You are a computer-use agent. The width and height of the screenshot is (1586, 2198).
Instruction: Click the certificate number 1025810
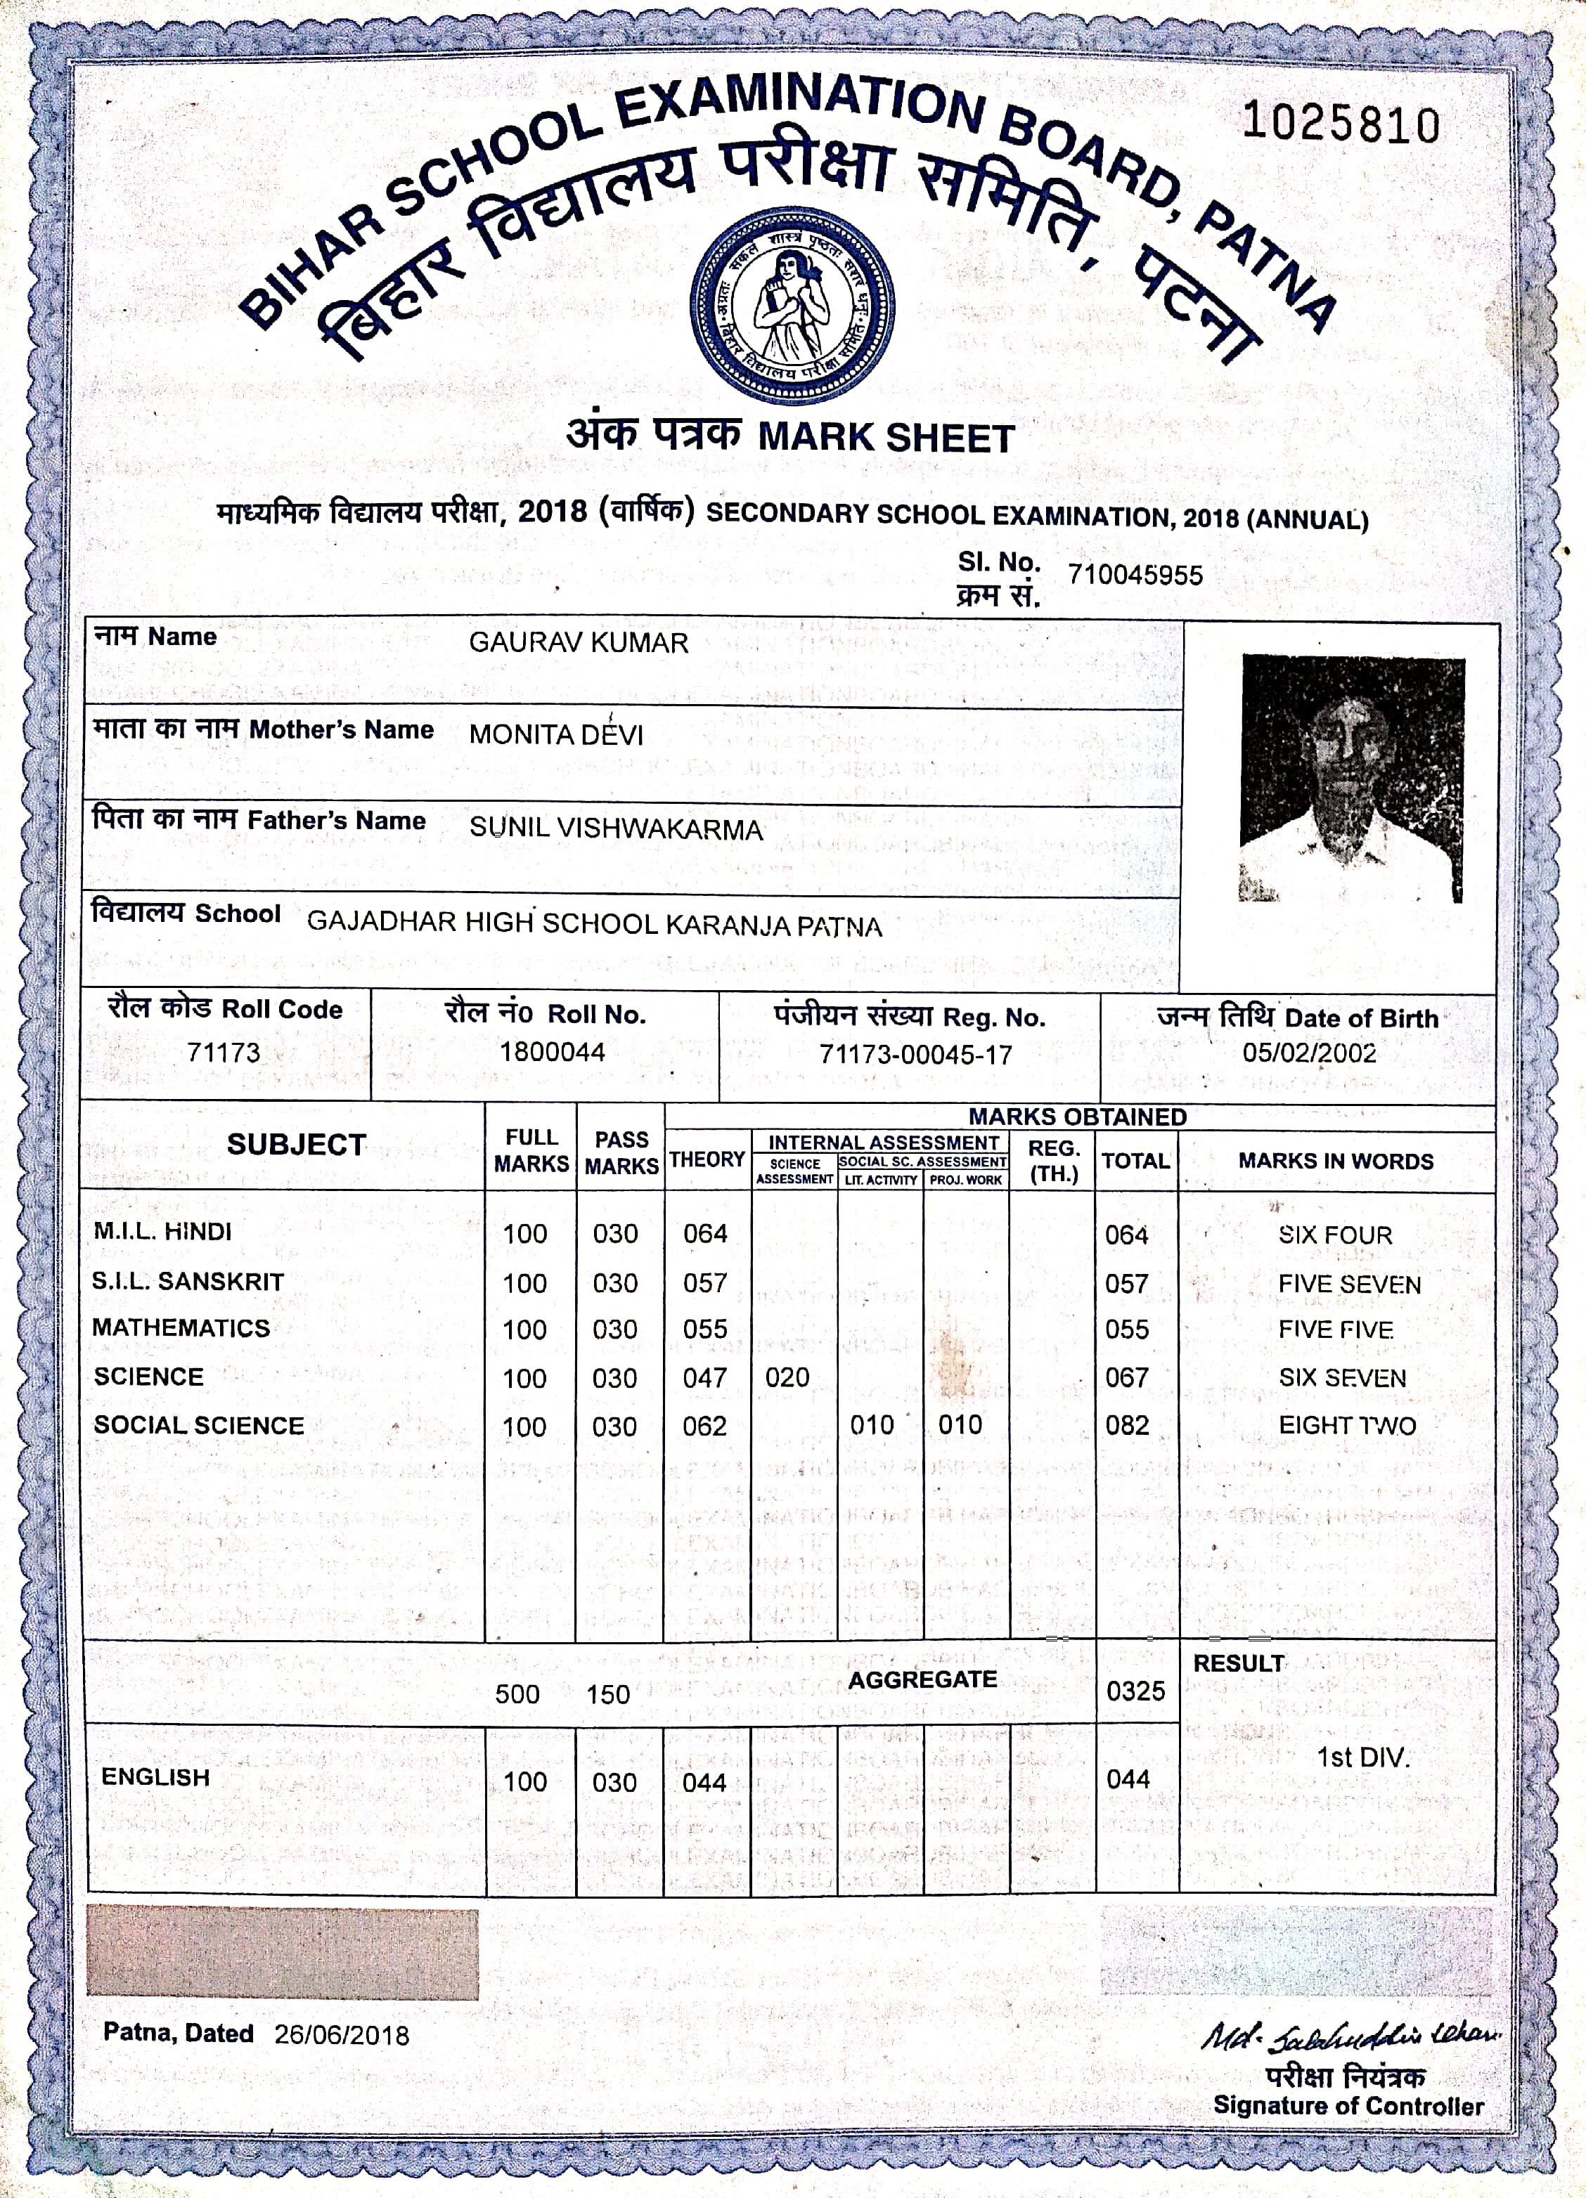[1341, 125]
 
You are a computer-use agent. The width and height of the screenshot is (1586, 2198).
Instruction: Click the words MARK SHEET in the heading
[885, 438]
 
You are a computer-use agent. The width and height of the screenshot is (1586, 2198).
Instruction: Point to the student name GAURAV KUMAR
[578, 642]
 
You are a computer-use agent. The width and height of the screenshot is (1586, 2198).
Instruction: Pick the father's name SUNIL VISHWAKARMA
[616, 828]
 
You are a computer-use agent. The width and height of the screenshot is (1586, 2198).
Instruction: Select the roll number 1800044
[552, 1051]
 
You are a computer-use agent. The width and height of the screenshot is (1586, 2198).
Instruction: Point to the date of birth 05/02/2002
[1309, 1053]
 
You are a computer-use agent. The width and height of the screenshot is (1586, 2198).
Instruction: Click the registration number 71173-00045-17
[915, 1055]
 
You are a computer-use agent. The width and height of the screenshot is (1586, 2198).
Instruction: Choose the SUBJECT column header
[296, 1145]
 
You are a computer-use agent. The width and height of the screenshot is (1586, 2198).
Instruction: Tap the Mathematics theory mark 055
[705, 1329]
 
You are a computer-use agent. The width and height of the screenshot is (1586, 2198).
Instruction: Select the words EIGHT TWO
[1346, 1426]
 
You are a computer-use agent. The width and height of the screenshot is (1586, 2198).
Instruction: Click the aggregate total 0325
[1135, 1691]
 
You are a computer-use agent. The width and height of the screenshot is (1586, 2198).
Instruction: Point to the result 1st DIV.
[1362, 1757]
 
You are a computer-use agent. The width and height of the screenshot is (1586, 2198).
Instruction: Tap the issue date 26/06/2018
[341, 2034]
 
